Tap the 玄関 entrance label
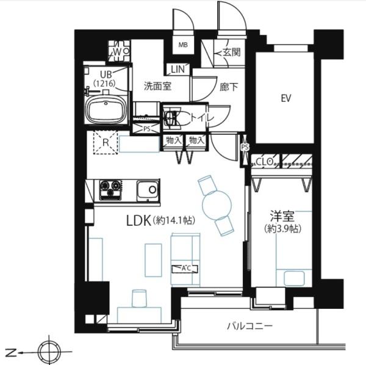(231, 52)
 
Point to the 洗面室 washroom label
(157, 86)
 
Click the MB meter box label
(182, 45)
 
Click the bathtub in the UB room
(106, 111)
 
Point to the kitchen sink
(146, 190)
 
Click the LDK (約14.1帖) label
(160, 220)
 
